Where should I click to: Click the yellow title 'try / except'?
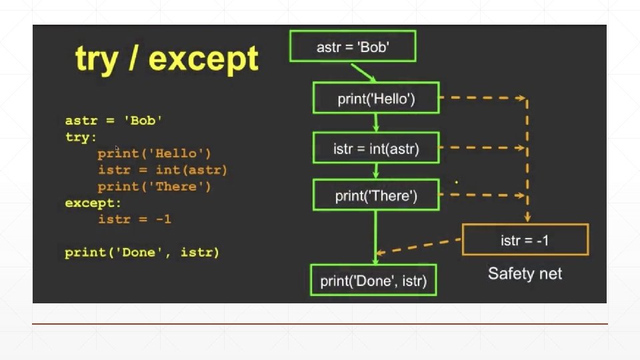(167, 60)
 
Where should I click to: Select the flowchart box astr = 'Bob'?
(352, 47)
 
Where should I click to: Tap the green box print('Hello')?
(376, 99)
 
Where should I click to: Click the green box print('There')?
(376, 197)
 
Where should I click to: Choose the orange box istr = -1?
(525, 240)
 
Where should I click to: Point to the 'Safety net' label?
(525, 273)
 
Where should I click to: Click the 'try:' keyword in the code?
(81, 137)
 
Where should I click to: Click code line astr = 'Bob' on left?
(114, 121)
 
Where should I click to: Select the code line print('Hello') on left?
(154, 154)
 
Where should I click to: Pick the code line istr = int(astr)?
(163, 170)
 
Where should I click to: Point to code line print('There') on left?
(154, 187)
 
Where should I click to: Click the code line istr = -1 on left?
(134, 219)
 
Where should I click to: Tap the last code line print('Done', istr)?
(142, 253)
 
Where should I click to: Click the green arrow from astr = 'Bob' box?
(364, 71)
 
